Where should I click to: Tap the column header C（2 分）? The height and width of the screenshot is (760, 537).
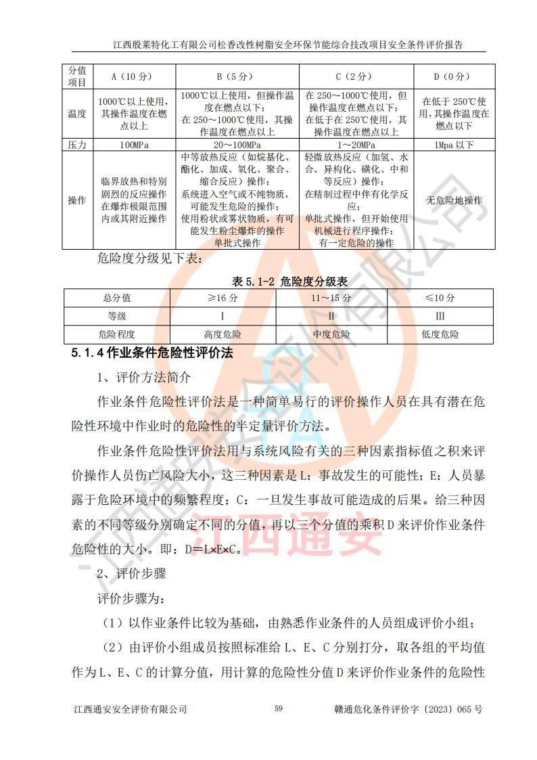click(357, 76)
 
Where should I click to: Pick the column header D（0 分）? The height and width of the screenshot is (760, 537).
click(454, 76)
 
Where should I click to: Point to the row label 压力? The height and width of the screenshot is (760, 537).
click(77, 145)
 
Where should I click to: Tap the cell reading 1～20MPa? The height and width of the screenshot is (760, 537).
click(357, 145)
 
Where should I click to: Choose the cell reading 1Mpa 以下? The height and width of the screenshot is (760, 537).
click(454, 145)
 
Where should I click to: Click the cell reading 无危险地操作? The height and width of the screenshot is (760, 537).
click(454, 200)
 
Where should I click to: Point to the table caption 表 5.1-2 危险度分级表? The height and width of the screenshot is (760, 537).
click(280, 280)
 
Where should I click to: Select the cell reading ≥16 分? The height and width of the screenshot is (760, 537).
click(223, 298)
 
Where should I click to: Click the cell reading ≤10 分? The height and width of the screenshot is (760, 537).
click(440, 298)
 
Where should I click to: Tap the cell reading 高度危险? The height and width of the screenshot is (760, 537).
click(223, 334)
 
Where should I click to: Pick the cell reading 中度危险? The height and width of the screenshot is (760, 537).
click(331, 334)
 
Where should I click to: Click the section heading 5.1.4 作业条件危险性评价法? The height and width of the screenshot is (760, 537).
click(153, 353)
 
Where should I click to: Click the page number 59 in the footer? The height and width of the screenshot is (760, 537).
click(279, 709)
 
